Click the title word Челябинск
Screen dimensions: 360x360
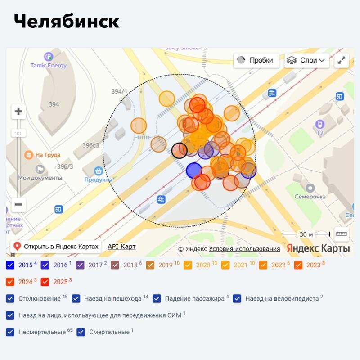pos(67,22)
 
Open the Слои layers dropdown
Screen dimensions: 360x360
pos(307,60)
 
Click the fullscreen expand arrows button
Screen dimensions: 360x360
pos(342,60)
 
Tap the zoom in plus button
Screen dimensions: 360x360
pos(18,112)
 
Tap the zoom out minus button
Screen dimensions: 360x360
pos(18,204)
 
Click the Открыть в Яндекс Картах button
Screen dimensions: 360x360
pos(56,247)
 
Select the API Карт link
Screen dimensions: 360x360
pos(121,247)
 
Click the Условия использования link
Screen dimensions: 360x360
pos(244,249)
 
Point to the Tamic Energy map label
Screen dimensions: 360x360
pos(48,65)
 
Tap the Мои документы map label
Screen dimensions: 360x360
pos(40,177)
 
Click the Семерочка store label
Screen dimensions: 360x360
pos(310,197)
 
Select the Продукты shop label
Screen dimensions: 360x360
pos(98,180)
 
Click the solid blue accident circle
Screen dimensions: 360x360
pos(194,171)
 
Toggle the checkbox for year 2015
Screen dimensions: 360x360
pos(10,265)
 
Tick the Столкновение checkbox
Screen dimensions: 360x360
pos(10,298)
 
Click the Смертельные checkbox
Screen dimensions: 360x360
pos(81,332)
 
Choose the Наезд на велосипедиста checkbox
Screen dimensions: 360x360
pos(237,298)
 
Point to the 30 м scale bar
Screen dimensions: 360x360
pos(306,234)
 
